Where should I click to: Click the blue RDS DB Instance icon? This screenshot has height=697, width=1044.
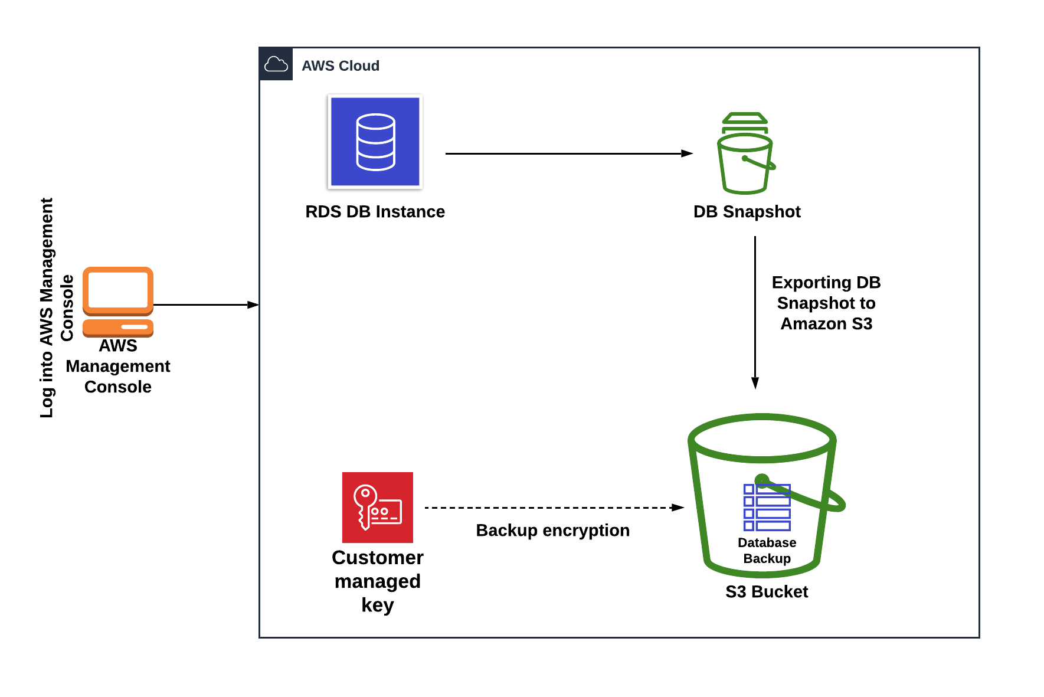point(375,142)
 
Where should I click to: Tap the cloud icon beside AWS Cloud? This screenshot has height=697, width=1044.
point(276,64)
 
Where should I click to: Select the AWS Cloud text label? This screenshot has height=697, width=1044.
point(341,66)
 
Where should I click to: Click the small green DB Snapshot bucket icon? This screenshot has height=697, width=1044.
point(745,153)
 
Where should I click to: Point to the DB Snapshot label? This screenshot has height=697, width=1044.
point(747,211)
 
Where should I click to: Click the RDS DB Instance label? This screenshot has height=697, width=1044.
point(375,211)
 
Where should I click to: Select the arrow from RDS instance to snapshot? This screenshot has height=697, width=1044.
point(567,153)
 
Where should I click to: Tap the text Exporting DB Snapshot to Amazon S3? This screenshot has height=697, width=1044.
point(826,303)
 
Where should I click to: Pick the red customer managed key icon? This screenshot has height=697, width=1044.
point(378,508)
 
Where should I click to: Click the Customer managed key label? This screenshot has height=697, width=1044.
point(378,581)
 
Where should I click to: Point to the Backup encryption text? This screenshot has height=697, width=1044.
point(552,530)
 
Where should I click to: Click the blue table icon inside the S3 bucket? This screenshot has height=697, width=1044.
point(767,508)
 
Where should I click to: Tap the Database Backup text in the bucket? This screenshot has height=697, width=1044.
point(767,550)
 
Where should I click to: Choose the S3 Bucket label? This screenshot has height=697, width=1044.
point(767,591)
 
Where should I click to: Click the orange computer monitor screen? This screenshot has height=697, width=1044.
point(118,290)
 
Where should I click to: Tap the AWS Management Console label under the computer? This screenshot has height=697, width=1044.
point(118,366)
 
